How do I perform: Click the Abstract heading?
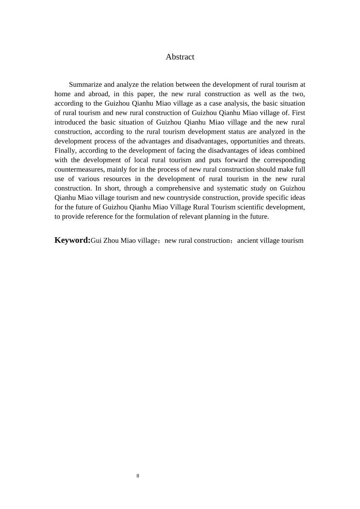[180, 57]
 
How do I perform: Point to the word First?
[298, 113]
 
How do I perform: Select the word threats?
[294, 141]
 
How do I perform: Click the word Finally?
[65, 151]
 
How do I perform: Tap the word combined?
[291, 151]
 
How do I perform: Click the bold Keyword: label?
[72, 240]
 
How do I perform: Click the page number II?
[138, 476]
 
